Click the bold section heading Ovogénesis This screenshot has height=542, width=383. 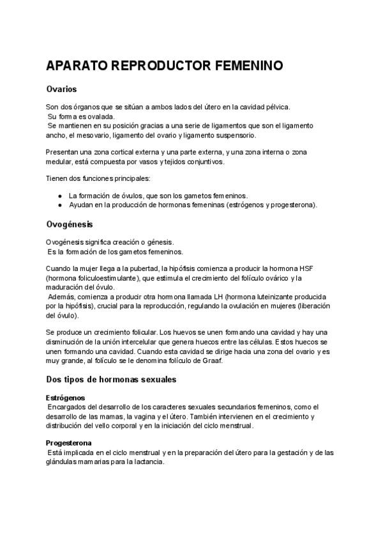[x=70, y=224]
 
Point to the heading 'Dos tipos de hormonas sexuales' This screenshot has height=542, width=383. [x=111, y=380]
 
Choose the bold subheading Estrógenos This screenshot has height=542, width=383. [x=65, y=398]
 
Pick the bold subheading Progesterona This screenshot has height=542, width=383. [x=68, y=443]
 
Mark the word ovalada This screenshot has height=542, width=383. [x=102, y=117]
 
